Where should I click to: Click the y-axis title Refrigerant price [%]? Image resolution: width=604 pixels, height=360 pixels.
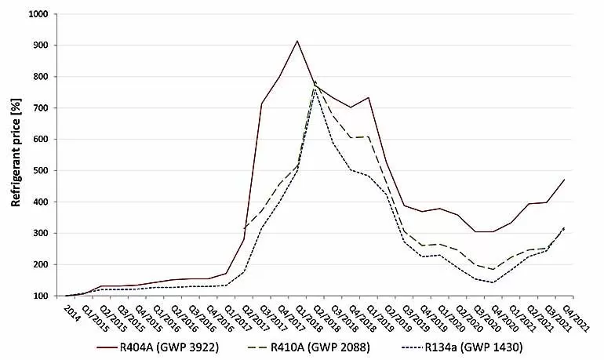click(x=15, y=154)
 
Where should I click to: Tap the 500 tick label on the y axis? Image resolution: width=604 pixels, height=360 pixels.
click(x=40, y=171)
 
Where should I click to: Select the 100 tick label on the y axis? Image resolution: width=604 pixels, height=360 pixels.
click(x=40, y=296)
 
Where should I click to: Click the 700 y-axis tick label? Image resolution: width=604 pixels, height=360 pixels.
click(x=40, y=108)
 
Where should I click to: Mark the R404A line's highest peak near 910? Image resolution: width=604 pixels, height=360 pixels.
click(x=297, y=41)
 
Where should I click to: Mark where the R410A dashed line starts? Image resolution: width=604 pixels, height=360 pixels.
click(x=245, y=229)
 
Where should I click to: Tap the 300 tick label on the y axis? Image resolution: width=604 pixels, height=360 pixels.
click(x=40, y=234)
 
